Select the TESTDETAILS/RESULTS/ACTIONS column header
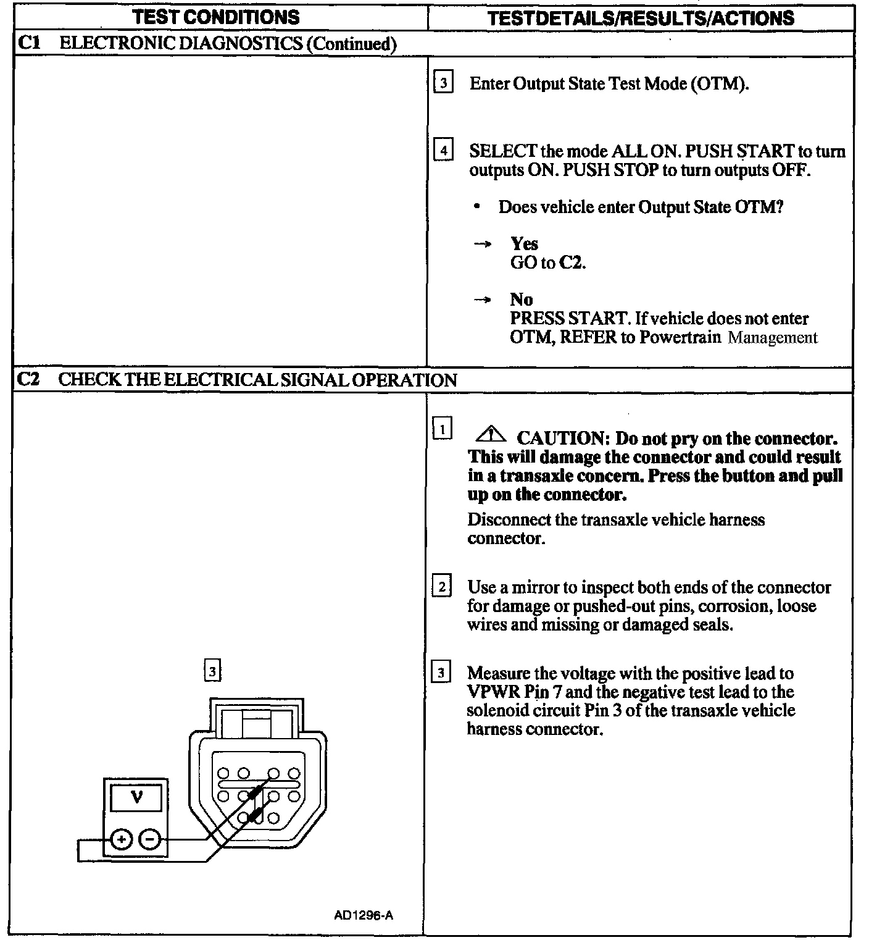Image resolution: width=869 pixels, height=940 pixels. [x=641, y=17]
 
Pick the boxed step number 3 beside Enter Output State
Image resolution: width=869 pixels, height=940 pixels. [x=443, y=83]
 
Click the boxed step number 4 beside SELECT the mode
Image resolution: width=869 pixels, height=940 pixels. [x=443, y=151]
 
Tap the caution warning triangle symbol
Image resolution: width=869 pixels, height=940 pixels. [x=491, y=436]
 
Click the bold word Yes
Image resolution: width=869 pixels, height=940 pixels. [x=524, y=244]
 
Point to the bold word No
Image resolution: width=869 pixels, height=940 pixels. [x=522, y=300]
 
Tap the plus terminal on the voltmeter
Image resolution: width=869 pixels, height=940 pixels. [x=122, y=839]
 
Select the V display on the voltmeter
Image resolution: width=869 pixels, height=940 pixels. [x=136, y=798]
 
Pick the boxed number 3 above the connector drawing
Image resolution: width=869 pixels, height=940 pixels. [x=212, y=671]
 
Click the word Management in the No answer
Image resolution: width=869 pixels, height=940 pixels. [x=773, y=338]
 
